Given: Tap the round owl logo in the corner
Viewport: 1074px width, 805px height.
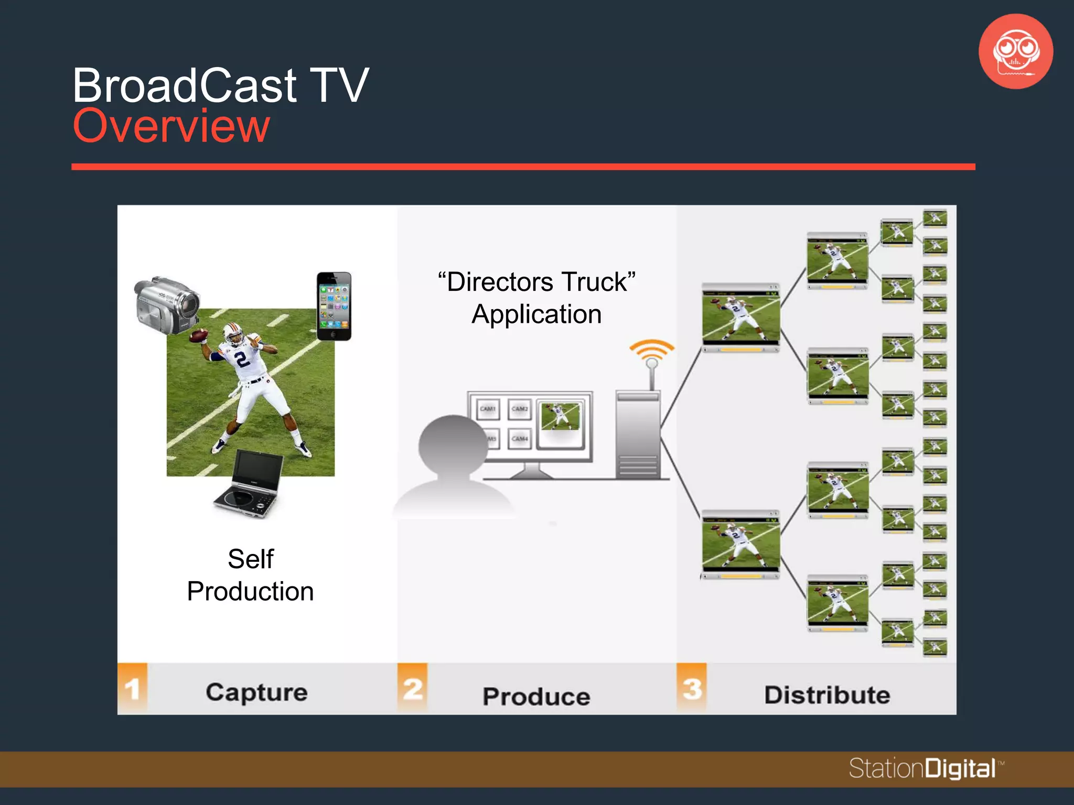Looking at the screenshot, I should coord(1016,51).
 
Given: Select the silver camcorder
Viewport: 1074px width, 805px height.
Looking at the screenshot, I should coord(167,303).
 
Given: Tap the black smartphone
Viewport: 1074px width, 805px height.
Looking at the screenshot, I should coord(334,306).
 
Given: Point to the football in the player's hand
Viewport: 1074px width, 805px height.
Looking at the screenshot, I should coord(199,335).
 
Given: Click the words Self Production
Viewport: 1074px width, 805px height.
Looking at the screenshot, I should coord(251,575).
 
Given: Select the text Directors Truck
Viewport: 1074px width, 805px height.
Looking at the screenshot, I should coord(536,282).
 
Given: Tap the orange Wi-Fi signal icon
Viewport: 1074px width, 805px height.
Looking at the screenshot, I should coord(652,350).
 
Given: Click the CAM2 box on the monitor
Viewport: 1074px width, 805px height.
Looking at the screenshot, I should coord(519,409).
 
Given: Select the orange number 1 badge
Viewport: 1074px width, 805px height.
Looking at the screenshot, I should coord(132,689).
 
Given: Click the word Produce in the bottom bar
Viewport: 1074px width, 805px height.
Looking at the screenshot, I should coord(536,697).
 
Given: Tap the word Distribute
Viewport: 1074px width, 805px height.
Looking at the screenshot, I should coord(827,695).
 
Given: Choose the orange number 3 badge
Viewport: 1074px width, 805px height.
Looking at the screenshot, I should coord(692,689).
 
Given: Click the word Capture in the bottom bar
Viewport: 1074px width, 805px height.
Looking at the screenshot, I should coord(256,692).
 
